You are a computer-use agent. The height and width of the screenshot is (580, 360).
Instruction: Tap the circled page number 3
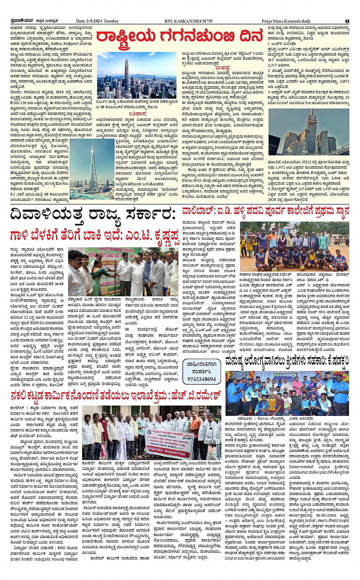[x=347, y=21]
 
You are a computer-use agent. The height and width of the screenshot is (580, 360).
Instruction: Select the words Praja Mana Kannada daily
[x=286, y=21]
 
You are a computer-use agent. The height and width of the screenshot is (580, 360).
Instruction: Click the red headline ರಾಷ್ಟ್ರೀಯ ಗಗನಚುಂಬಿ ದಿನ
[x=179, y=37]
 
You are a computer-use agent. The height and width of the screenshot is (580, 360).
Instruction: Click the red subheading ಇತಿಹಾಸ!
[x=137, y=113]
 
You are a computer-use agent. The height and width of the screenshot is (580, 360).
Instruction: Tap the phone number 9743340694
[x=202, y=379]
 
